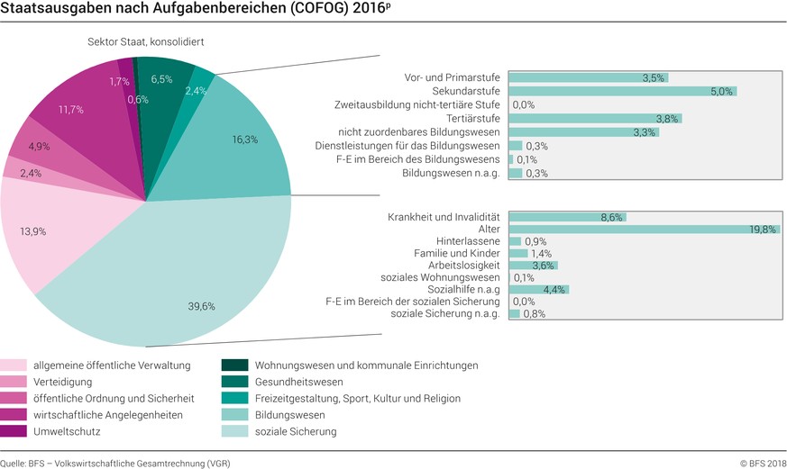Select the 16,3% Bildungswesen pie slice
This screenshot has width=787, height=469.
[x=239, y=144]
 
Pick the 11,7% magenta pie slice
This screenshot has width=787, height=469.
[x=77, y=113]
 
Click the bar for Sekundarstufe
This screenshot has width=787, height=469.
[x=622, y=91]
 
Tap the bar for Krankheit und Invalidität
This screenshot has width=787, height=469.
[x=566, y=217]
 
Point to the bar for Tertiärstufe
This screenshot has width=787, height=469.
[x=595, y=118]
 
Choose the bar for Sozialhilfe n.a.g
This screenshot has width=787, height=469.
[x=538, y=289]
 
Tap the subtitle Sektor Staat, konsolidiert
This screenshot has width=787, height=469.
[x=143, y=42]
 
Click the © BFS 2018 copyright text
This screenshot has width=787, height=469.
[x=764, y=463]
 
